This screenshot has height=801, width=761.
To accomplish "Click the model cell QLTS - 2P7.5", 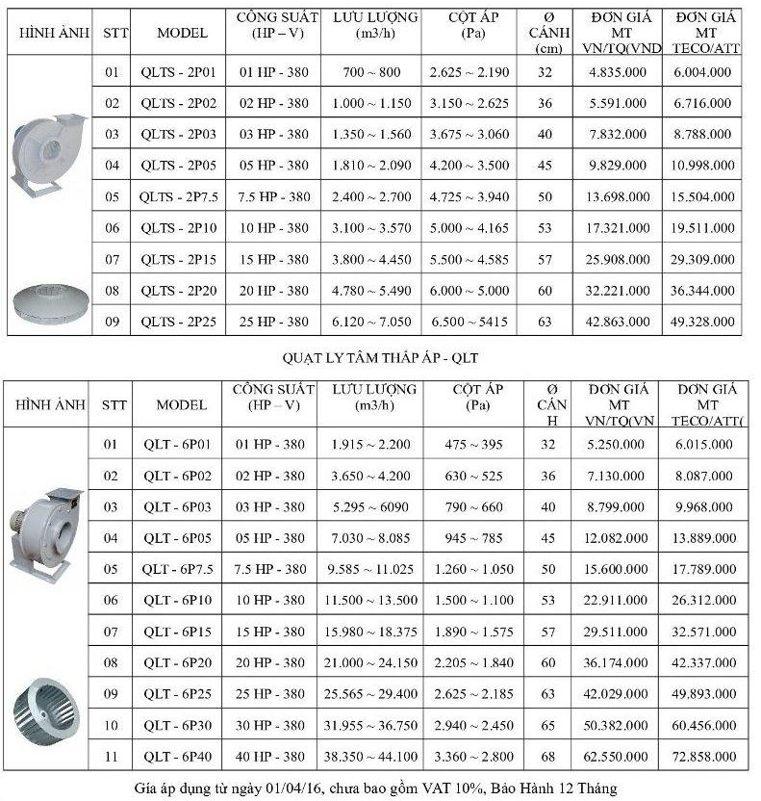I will point(179,197).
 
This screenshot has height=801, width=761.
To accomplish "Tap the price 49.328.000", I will point(701,323).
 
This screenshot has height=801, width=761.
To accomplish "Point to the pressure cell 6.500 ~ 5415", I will point(479,323).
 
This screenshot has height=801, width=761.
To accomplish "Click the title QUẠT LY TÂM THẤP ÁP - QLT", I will point(380,358).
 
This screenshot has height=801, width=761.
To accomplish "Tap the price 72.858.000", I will point(701,757).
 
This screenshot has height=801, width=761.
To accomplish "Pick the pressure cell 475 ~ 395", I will point(479,444).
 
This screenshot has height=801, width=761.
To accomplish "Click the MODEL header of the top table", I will point(182,32).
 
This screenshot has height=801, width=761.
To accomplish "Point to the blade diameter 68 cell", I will point(548,757).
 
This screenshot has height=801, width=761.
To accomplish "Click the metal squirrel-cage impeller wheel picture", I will point(48,717).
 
